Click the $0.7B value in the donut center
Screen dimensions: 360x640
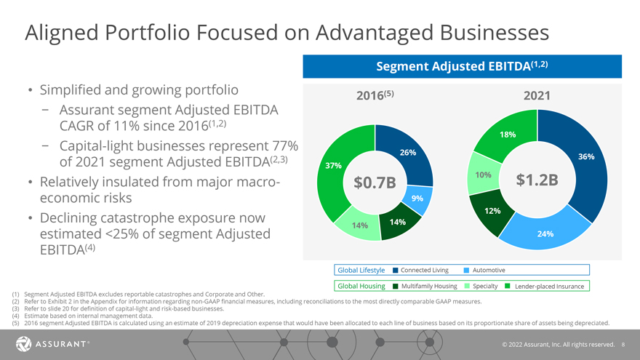click(375, 183)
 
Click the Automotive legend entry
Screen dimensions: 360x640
click(488, 271)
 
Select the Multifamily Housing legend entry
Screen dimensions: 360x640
click(428, 286)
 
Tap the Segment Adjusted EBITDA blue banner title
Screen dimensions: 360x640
click(462, 65)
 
